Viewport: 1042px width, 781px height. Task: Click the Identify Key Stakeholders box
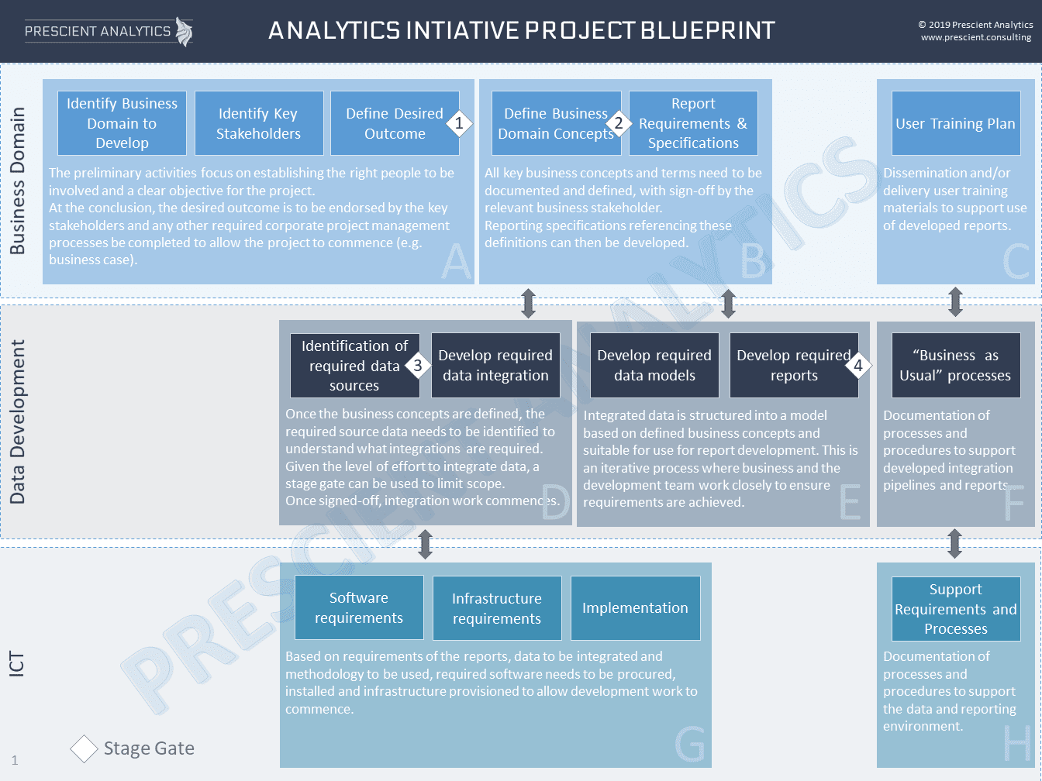click(x=259, y=123)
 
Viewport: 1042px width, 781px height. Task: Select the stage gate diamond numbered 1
click(x=459, y=123)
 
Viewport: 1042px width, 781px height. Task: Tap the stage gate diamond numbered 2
click(x=618, y=123)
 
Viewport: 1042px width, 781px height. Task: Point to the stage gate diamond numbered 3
click(x=418, y=366)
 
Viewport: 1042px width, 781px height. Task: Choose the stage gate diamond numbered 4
click(x=858, y=366)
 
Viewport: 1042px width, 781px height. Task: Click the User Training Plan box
click(x=956, y=123)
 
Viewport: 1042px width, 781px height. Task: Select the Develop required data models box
click(x=654, y=365)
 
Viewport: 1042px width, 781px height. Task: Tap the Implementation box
click(x=636, y=608)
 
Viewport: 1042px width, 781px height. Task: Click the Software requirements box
click(x=359, y=607)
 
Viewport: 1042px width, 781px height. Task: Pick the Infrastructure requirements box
click(x=497, y=608)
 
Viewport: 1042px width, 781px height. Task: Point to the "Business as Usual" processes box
click(x=956, y=365)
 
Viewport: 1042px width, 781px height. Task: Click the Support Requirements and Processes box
click(x=956, y=609)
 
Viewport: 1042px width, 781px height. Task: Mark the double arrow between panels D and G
click(x=426, y=544)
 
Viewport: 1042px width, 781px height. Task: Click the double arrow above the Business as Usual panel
click(x=956, y=302)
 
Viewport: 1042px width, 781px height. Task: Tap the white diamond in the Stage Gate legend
click(x=84, y=748)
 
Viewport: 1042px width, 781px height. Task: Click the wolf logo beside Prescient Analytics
click(x=185, y=32)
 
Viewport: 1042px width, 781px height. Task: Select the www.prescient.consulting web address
click(x=976, y=37)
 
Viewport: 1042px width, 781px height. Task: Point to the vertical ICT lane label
click(x=16, y=664)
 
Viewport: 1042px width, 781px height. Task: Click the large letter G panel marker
click(x=690, y=744)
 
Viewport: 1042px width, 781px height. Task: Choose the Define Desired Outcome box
click(x=395, y=123)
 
